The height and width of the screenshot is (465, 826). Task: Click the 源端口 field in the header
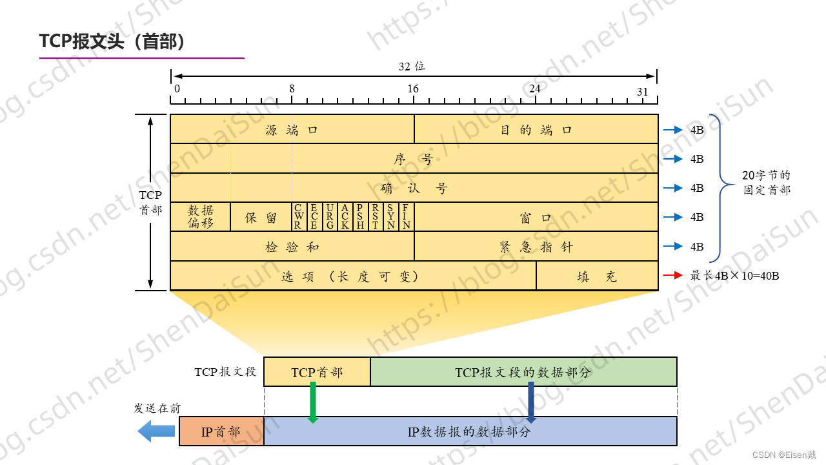click(292, 129)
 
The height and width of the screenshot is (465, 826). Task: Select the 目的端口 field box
click(536, 129)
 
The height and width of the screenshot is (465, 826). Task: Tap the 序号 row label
click(414, 159)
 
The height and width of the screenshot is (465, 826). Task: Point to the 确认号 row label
click(414, 188)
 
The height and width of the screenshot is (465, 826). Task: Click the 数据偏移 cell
click(201, 216)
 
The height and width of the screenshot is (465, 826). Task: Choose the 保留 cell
click(261, 217)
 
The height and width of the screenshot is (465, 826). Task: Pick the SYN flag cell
click(391, 216)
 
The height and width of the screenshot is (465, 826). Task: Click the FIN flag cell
click(407, 216)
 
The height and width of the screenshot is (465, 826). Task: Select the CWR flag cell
click(299, 216)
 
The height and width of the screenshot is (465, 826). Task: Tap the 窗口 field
click(536, 217)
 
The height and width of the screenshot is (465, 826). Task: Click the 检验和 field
click(292, 246)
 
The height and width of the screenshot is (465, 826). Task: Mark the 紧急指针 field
click(536, 246)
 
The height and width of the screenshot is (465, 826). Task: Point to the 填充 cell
click(597, 276)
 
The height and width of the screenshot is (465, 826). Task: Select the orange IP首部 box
click(221, 431)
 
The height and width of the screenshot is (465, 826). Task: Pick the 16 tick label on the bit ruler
click(413, 89)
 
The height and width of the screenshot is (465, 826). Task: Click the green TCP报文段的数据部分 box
click(523, 372)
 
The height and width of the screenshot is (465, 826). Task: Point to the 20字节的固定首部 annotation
click(767, 182)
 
